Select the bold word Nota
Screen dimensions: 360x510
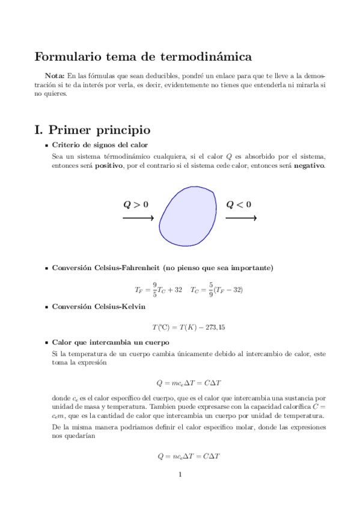pyautogui.click(x=55, y=76)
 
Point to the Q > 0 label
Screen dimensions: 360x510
pyautogui.click(x=136, y=204)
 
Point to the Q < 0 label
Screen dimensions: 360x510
pyautogui.click(x=239, y=204)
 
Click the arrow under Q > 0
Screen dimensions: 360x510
pyautogui.click(x=138, y=218)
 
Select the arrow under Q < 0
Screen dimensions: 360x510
pyautogui.click(x=241, y=218)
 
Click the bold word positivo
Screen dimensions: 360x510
pyautogui.click(x=108, y=165)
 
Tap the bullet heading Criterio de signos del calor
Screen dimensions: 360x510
pyautogui.click(x=100, y=145)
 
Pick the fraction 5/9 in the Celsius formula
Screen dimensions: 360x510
pyautogui.click(x=210, y=289)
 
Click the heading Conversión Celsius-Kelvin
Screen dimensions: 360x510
pyautogui.click(x=99, y=307)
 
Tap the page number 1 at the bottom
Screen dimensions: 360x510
pyautogui.click(x=180, y=475)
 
